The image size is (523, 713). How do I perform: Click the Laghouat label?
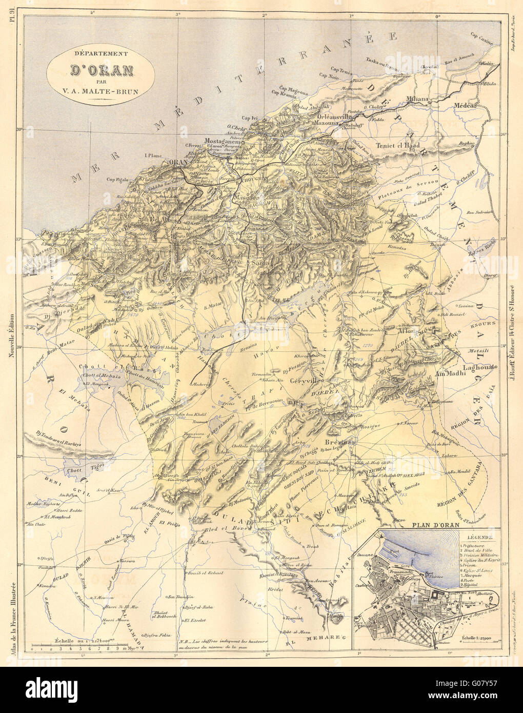point(464,367)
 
